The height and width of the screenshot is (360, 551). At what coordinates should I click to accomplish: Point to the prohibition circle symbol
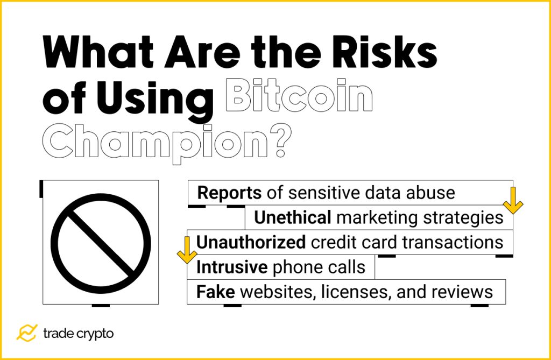(x=101, y=243)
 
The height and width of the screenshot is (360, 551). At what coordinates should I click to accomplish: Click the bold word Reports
(x=230, y=193)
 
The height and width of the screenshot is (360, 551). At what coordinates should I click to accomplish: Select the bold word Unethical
(x=292, y=217)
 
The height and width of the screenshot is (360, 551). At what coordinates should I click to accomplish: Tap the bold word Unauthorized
(x=251, y=242)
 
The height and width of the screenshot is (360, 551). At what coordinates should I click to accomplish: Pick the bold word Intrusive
(x=232, y=267)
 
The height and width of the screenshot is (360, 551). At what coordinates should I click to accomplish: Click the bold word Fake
(x=215, y=292)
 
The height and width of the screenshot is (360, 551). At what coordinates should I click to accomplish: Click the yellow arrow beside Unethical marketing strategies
(x=513, y=200)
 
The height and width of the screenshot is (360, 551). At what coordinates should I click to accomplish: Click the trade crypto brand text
(x=78, y=334)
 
